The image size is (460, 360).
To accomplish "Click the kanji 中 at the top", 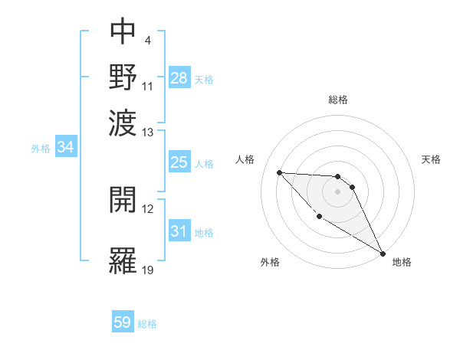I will click(123, 32).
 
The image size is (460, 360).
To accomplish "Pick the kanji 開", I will click(123, 201).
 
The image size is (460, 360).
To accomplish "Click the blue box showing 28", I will click(179, 77).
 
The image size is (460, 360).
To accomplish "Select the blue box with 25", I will click(179, 162).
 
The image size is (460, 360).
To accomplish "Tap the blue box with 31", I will click(179, 231).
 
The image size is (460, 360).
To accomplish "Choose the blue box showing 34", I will click(66, 148).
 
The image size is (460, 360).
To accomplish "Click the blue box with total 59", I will click(123, 322).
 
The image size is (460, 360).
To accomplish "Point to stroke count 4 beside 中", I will click(147, 41).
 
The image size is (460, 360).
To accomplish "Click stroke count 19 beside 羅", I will click(148, 270).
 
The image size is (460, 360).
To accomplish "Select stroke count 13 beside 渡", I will click(148, 133).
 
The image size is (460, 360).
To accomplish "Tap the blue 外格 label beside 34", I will click(41, 149).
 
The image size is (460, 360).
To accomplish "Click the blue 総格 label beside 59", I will click(147, 324).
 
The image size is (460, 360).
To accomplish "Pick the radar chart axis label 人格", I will click(245, 159).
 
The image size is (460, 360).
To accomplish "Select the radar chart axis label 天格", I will click(431, 159).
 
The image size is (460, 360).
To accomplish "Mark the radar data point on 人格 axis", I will click(280, 172).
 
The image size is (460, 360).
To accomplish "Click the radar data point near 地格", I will click(382, 253).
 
